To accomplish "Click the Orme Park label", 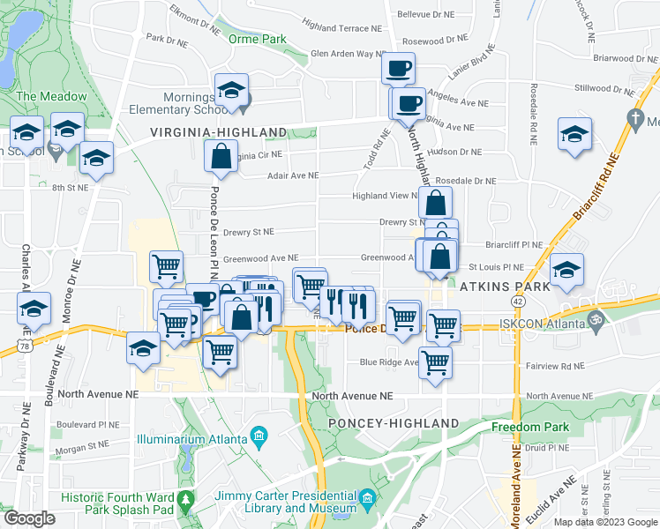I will coord(258,39).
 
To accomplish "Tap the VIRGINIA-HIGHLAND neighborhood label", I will coord(218,132).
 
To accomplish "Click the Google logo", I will coord(29,518).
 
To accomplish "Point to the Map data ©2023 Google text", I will coord(605,522).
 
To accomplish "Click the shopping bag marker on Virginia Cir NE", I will coord(220,158).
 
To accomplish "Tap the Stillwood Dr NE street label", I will coord(604,88).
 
